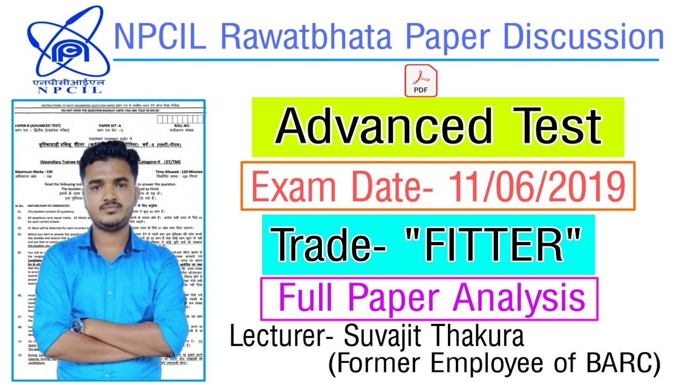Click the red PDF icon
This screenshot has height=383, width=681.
click(420, 81)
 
